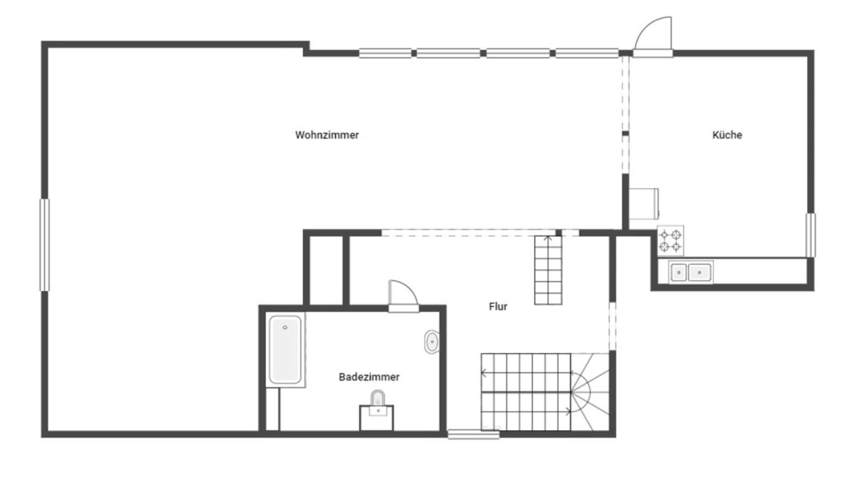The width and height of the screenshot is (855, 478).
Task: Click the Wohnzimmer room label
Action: pos(327,135)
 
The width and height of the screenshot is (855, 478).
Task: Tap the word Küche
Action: pos(727,135)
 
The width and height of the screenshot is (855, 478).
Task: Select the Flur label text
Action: pos(498,306)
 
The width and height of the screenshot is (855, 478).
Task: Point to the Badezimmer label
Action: pos(369,377)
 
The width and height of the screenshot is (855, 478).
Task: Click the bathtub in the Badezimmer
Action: pos(285,349)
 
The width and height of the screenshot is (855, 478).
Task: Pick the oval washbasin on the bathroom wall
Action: pos(432,342)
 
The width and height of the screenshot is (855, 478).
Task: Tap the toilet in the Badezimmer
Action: pos(378,400)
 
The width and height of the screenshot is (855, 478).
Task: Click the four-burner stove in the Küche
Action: pos(670,241)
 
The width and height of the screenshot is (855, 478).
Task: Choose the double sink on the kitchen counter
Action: pos(691,272)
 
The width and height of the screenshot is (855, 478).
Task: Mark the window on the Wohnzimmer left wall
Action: pos(45,245)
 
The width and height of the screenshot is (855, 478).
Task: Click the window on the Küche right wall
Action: pos(810,235)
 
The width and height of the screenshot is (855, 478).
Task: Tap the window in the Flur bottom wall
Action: pos(473,434)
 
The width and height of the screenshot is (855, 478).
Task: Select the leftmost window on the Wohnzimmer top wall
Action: pos(385,53)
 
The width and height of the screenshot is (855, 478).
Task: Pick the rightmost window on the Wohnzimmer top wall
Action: pos(587,53)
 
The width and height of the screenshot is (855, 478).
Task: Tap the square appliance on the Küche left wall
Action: pos(644,204)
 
